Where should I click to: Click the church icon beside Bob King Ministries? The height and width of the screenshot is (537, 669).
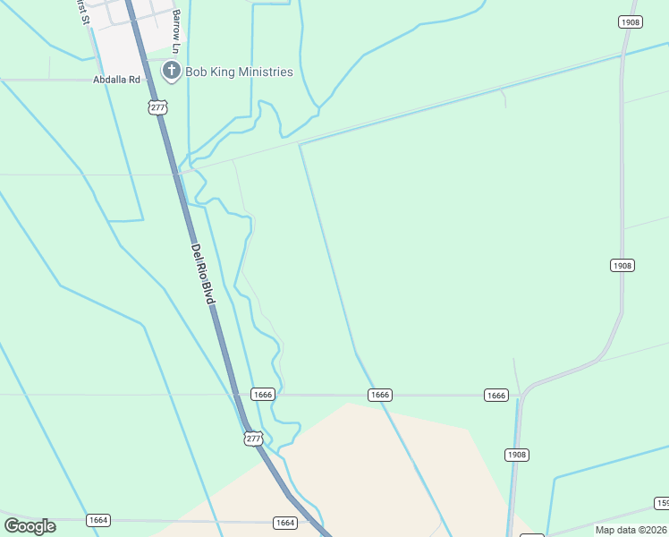tap(170, 71)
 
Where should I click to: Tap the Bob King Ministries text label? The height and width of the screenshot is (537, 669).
tap(239, 72)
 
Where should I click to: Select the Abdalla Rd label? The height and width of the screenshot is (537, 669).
tap(117, 80)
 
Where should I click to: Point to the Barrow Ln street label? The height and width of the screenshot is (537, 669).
tap(176, 30)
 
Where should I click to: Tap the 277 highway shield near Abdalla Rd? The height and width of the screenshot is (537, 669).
tap(157, 107)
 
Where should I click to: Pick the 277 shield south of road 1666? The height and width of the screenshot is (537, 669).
tap(254, 438)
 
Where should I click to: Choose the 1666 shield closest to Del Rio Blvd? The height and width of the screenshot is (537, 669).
tap(262, 395)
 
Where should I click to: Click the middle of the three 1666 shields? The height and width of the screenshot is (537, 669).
tap(380, 395)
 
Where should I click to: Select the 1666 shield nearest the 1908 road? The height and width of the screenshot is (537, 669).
tap(496, 395)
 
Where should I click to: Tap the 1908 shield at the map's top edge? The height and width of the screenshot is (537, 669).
tap(631, 21)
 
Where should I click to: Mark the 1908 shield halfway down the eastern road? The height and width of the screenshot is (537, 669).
tap(622, 265)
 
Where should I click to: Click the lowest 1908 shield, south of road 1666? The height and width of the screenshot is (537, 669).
tap(517, 455)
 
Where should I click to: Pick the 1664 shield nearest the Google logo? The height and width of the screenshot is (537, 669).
tap(98, 520)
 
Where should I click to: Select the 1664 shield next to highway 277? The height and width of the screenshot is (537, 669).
tap(285, 523)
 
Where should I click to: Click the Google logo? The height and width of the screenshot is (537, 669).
tap(30, 526)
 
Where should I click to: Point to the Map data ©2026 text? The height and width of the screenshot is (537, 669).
tap(631, 530)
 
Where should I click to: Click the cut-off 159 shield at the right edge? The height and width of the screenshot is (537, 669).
tap(662, 503)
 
